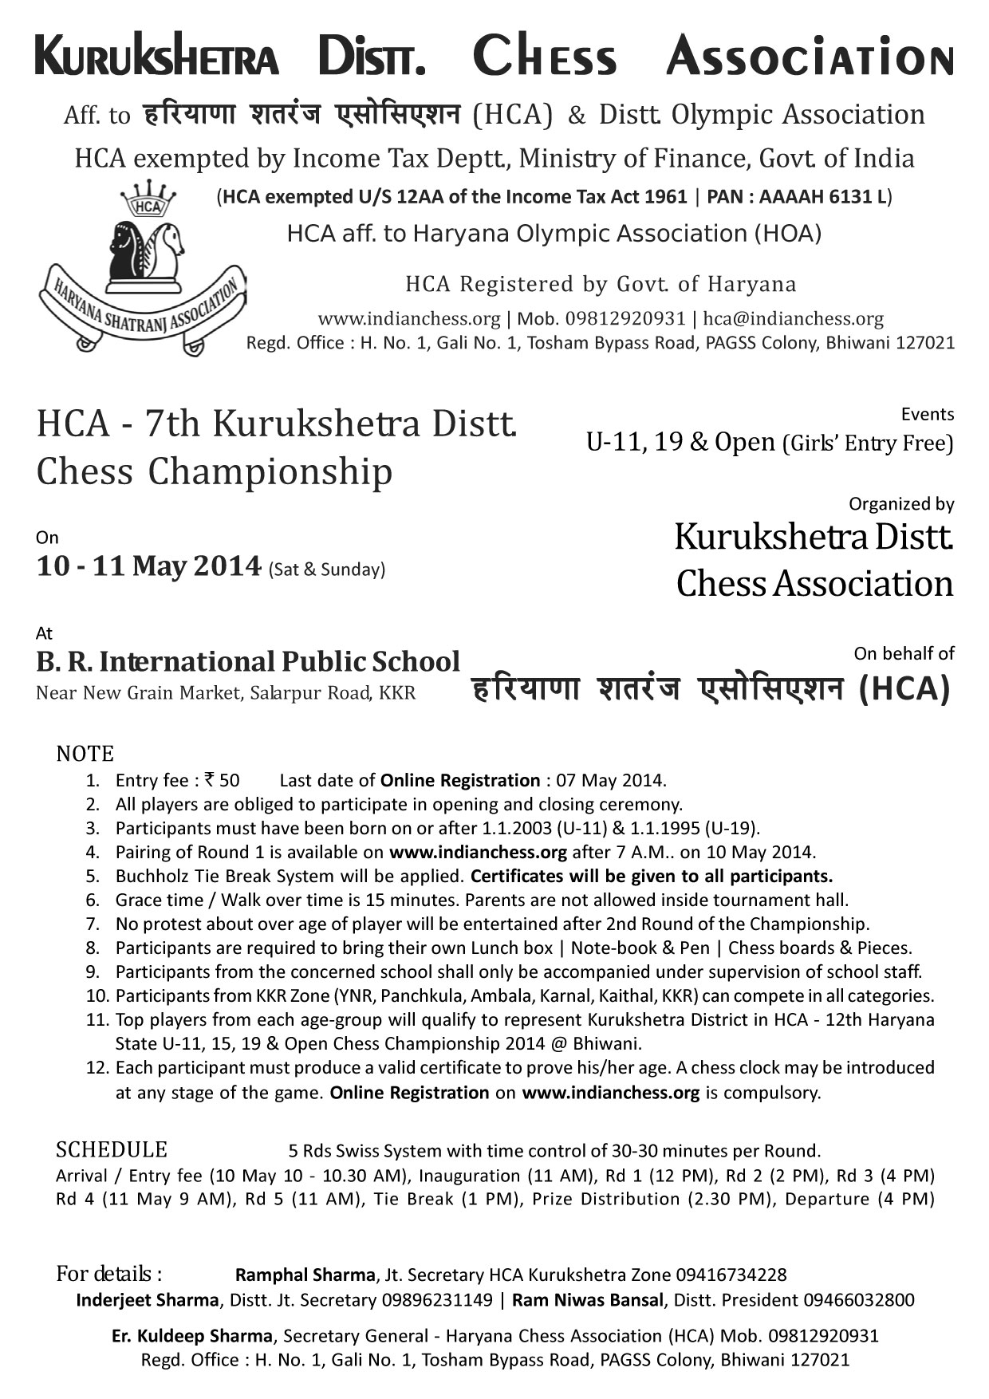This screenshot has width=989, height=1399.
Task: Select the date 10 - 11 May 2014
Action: coord(149,566)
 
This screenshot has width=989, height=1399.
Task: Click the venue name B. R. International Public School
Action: coord(248,662)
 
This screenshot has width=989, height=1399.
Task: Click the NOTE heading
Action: coord(85,754)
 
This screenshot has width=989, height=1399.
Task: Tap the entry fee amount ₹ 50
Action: coord(223,780)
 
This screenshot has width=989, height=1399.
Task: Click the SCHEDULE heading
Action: coord(112,1150)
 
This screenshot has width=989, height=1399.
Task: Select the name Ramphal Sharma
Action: coord(305,1275)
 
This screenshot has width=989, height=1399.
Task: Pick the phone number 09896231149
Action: coord(437,1300)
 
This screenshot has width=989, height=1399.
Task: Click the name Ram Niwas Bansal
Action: coord(587,1300)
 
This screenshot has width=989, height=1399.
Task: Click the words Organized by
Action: coord(901,504)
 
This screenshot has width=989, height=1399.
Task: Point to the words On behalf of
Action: coord(904,654)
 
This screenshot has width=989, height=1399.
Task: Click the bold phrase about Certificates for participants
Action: coord(652,876)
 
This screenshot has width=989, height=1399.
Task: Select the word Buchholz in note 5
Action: coord(152,876)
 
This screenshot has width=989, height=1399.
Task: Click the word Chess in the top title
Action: coord(545,57)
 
